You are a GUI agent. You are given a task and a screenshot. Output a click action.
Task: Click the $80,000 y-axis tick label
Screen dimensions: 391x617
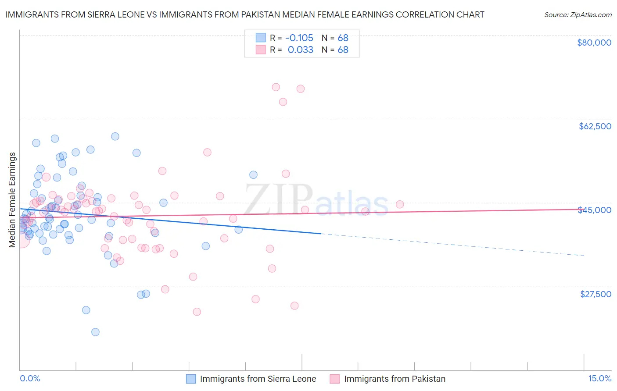pyautogui.click(x=594, y=43)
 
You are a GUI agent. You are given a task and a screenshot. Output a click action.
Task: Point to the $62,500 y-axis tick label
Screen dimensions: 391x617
pyautogui.click(x=595, y=126)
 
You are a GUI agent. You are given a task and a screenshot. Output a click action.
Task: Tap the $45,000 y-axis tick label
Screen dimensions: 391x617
pyautogui.click(x=595, y=210)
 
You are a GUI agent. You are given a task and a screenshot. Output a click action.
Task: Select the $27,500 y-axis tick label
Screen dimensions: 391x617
pyautogui.click(x=595, y=294)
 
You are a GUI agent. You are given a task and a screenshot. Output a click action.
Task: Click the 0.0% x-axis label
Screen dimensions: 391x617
pyautogui.click(x=30, y=378)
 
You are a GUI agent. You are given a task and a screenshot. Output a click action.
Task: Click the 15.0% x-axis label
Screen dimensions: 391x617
pyautogui.click(x=599, y=378)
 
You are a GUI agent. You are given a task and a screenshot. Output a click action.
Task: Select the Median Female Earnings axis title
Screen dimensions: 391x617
pyautogui.click(x=12, y=200)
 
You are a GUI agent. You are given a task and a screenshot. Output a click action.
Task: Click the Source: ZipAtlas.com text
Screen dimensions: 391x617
pyautogui.click(x=578, y=14)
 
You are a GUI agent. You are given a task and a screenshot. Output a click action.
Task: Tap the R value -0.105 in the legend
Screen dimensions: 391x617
pyautogui.click(x=299, y=38)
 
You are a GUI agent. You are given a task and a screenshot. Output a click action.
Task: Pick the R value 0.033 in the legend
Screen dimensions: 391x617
pyautogui.click(x=300, y=50)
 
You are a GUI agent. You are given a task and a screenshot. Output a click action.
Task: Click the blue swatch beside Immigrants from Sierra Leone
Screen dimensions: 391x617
pyautogui.click(x=191, y=379)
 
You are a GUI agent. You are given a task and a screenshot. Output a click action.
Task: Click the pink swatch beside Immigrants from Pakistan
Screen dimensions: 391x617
pyautogui.click(x=335, y=379)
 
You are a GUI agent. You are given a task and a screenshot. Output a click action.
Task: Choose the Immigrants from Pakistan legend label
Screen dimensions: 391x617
pyautogui.click(x=395, y=379)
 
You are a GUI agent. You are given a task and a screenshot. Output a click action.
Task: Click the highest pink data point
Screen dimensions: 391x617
pyautogui.click(x=276, y=87)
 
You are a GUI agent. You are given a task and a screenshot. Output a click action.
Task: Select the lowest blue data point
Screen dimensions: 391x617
pyautogui.click(x=95, y=332)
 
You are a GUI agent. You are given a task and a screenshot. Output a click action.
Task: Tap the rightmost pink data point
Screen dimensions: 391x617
pyautogui.click(x=400, y=204)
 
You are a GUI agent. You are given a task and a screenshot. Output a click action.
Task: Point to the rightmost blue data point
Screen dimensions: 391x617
pyautogui.click(x=253, y=175)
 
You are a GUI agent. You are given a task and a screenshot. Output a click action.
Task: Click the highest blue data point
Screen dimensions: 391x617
pyautogui.click(x=115, y=136)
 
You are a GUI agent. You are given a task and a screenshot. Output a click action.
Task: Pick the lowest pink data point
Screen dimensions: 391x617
pyautogui.click(x=197, y=312)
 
